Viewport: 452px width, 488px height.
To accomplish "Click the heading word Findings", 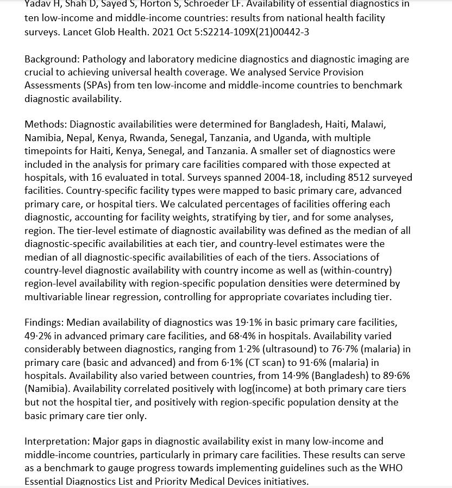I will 43,322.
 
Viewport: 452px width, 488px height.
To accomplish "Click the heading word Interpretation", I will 56,441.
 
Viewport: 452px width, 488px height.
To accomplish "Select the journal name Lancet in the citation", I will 79,31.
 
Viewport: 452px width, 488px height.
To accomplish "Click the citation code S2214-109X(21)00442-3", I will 255,31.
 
